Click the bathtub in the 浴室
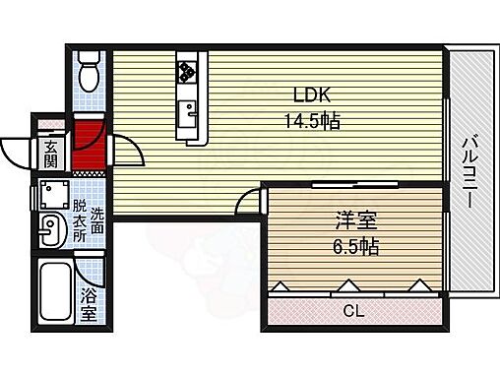point(55,292)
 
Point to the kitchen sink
point(187,106)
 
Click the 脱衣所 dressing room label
point(79,221)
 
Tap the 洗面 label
point(96,221)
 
